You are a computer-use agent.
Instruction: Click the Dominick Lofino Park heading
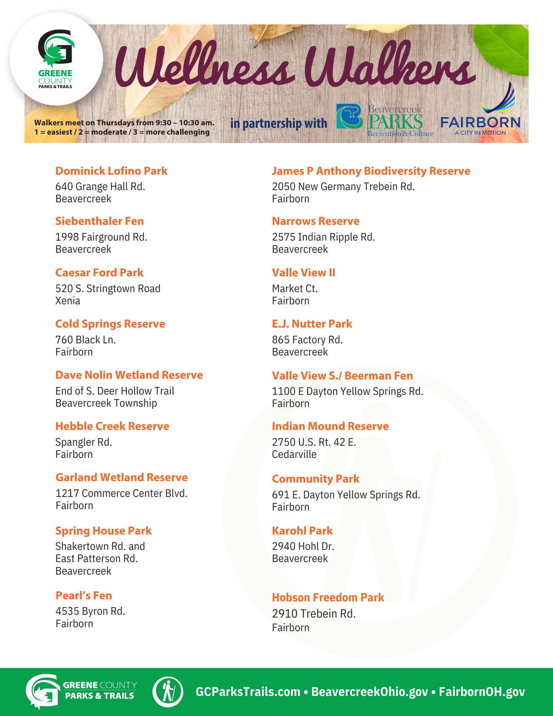(x=111, y=171)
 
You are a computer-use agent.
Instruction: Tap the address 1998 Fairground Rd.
(x=101, y=237)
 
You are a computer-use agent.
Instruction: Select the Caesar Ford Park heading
(x=99, y=273)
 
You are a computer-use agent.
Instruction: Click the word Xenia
(x=68, y=301)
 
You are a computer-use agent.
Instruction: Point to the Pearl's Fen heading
(x=84, y=595)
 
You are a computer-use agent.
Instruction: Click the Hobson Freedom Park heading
(x=328, y=598)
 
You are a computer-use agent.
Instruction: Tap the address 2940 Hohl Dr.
(x=303, y=546)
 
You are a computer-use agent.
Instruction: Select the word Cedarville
(x=294, y=454)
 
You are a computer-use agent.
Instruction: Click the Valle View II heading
(x=304, y=273)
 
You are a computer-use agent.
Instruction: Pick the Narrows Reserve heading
(x=316, y=221)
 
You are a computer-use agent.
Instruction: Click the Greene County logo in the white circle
(x=56, y=59)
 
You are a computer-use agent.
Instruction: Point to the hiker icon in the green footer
(x=168, y=692)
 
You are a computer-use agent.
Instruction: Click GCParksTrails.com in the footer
(x=248, y=692)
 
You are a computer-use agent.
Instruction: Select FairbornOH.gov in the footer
(x=482, y=692)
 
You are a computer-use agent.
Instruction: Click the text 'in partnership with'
(x=278, y=124)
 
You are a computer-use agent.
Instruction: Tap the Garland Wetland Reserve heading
(x=122, y=478)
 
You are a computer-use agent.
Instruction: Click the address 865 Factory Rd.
(x=307, y=340)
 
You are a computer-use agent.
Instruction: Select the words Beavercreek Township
(x=106, y=403)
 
